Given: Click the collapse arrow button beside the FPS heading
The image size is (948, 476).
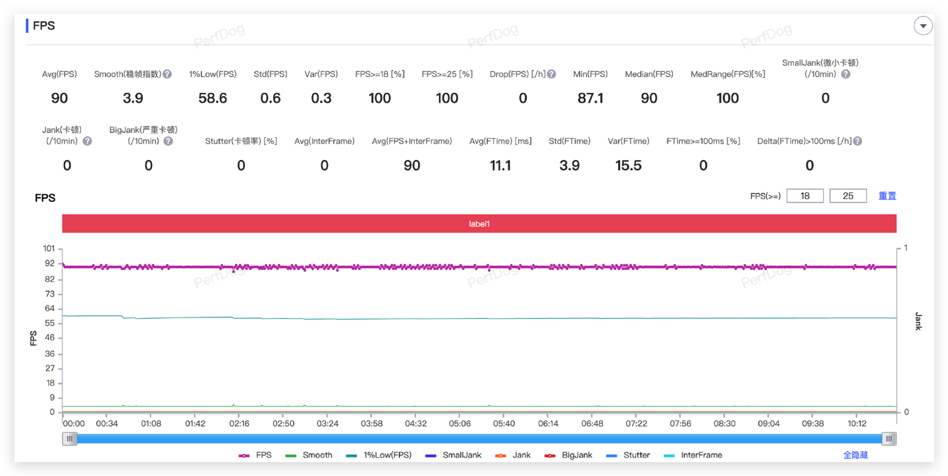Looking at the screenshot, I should pyautogui.click(x=923, y=26).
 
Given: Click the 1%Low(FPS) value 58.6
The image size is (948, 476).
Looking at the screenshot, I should pyautogui.click(x=213, y=98).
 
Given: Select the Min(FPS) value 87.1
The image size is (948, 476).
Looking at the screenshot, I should pyautogui.click(x=590, y=98).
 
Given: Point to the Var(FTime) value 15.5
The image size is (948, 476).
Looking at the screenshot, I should pyautogui.click(x=628, y=165).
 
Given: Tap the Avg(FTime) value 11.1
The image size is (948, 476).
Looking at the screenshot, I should pyautogui.click(x=500, y=165).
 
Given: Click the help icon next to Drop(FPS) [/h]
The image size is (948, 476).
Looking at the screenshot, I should pyautogui.click(x=552, y=74).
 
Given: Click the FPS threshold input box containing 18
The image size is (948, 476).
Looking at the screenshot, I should pyautogui.click(x=804, y=196).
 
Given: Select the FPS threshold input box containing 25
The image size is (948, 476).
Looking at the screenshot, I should pyautogui.click(x=848, y=196).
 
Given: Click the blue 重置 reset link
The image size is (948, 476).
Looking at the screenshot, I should pyautogui.click(x=887, y=196).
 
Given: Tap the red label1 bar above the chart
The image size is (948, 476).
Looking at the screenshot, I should pyautogui.click(x=479, y=224).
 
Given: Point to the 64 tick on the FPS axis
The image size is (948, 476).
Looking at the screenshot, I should pyautogui.click(x=49, y=309).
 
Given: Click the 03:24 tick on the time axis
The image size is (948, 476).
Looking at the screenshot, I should pyautogui.click(x=327, y=424).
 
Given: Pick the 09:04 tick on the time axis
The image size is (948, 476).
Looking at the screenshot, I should pyautogui.click(x=768, y=424).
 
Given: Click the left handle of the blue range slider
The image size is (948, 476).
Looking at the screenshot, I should pyautogui.click(x=70, y=438).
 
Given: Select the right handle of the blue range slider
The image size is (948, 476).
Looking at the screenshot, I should pyautogui.click(x=889, y=438).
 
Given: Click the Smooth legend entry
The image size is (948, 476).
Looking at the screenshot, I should pyautogui.click(x=309, y=455).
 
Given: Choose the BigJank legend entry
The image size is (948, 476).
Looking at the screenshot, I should pyautogui.click(x=569, y=455).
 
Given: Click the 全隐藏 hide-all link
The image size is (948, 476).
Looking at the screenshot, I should pyautogui.click(x=855, y=455).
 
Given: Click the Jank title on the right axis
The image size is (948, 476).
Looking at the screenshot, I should pyautogui.click(x=918, y=321).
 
